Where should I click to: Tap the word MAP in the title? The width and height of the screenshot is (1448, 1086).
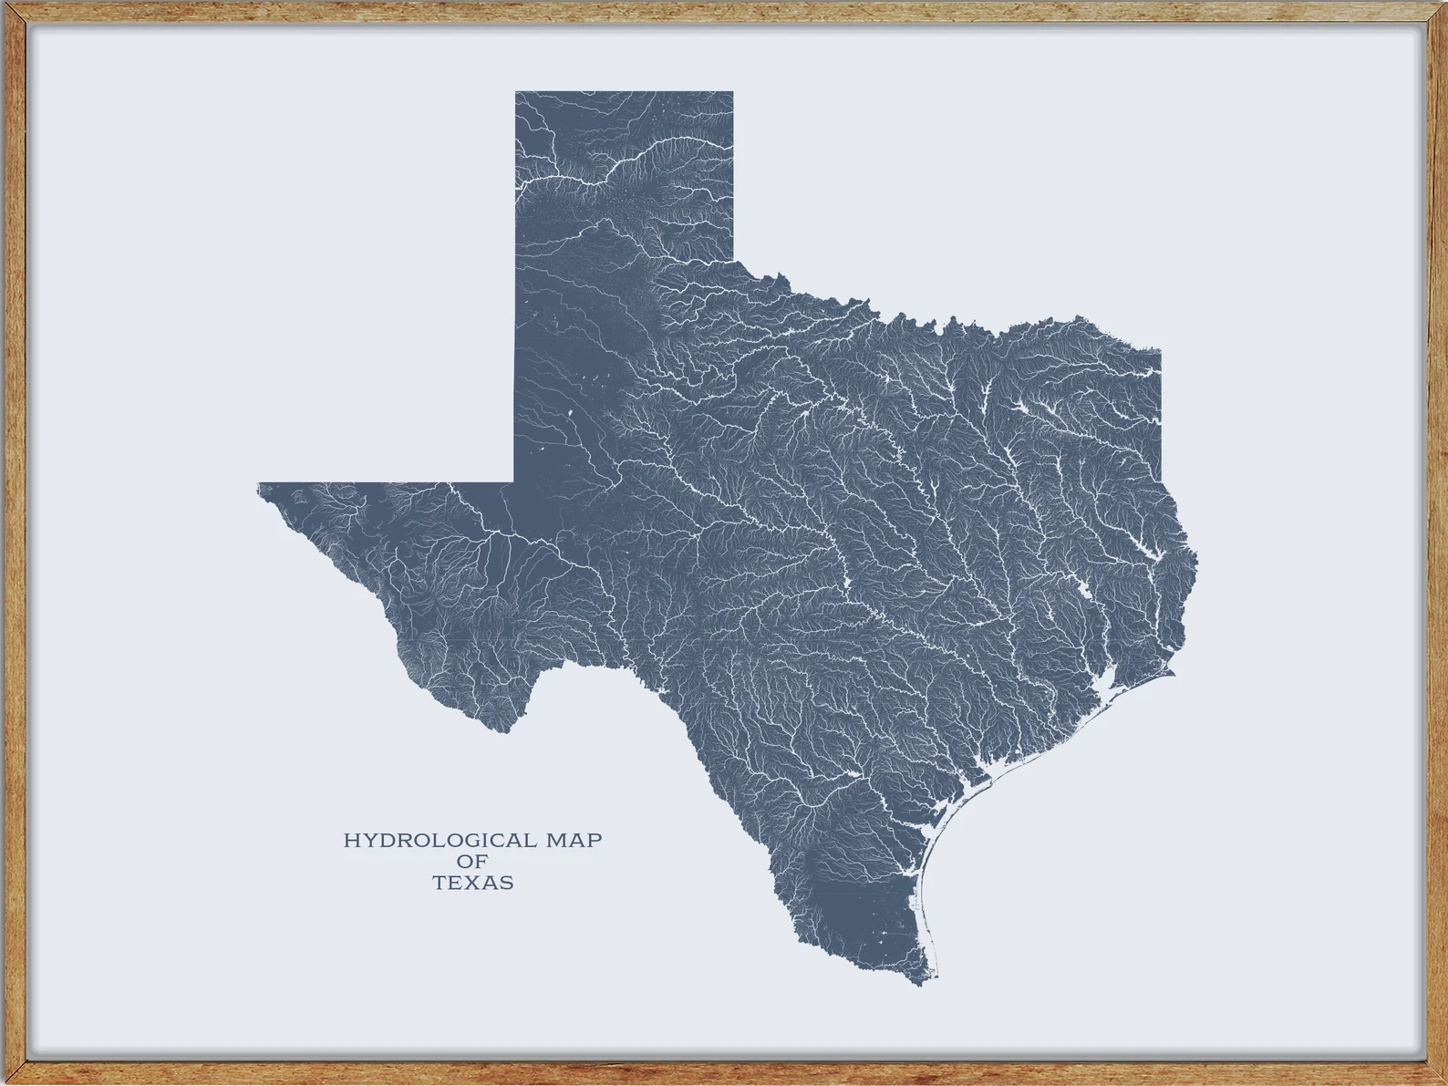coord(574,840)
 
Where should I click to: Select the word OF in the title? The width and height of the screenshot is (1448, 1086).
coord(472,862)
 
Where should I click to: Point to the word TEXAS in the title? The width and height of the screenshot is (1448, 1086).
coord(472,883)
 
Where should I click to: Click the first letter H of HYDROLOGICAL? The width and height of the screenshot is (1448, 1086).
coord(350,840)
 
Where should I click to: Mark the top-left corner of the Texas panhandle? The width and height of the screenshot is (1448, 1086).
coord(516,92)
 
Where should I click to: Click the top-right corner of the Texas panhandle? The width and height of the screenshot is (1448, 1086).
coord(733,92)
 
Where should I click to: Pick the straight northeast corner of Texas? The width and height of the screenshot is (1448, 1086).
coord(1160,348)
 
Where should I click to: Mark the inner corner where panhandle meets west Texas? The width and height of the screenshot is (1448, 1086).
coord(515,481)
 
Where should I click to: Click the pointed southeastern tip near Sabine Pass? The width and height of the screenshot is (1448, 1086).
coord(1174,674)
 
